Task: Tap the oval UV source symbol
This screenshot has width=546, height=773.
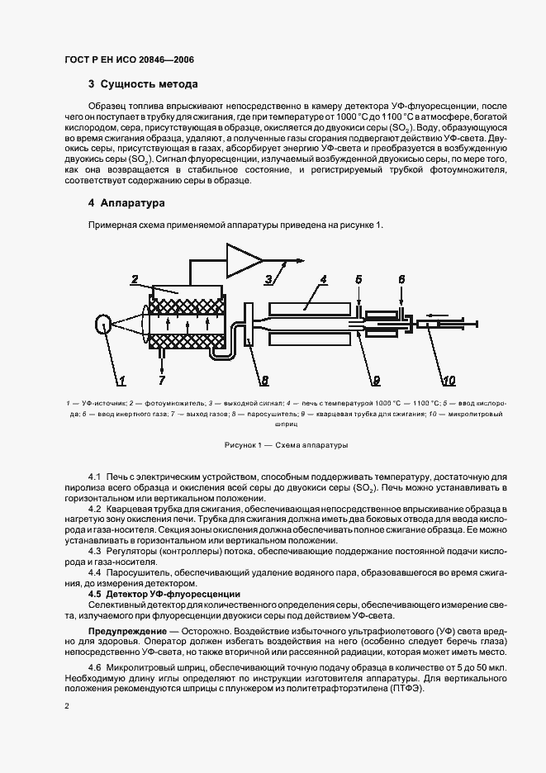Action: click(x=103, y=326)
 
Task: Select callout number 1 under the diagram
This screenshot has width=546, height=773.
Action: click(x=121, y=381)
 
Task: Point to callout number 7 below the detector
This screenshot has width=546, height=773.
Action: click(x=162, y=381)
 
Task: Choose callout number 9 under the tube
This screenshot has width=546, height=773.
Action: click(x=375, y=381)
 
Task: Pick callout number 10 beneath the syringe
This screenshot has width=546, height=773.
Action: click(x=448, y=381)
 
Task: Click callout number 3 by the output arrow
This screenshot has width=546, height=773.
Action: click(x=268, y=280)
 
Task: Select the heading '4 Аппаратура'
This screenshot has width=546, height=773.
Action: click(x=127, y=202)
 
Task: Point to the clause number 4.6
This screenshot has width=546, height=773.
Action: click(x=94, y=666)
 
